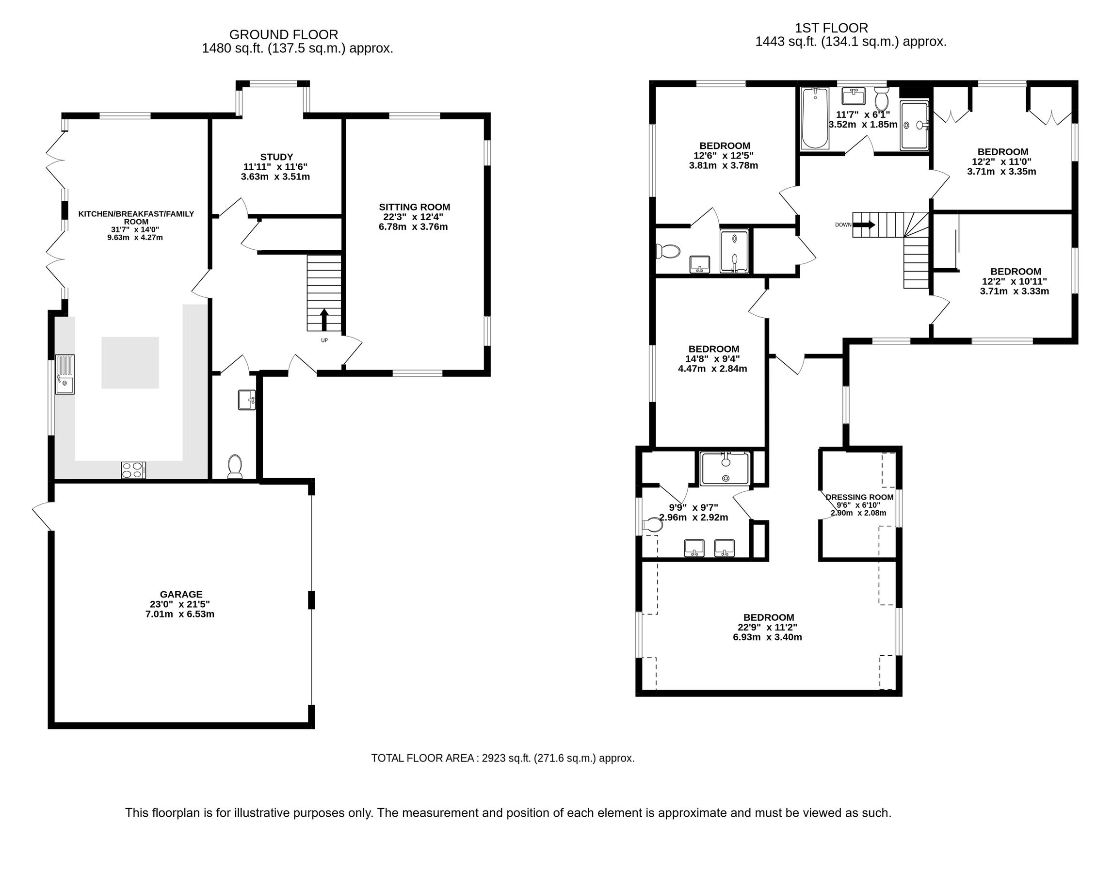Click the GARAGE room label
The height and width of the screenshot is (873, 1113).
[181, 594]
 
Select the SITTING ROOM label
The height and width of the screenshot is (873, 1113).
[414, 207]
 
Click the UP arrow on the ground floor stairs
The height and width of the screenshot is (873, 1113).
[324, 320]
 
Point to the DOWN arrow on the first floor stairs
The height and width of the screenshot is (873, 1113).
[864, 225]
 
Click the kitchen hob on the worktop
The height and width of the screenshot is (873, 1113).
[133, 470]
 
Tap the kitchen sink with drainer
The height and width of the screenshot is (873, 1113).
[65, 374]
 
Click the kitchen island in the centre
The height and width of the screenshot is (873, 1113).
[130, 362]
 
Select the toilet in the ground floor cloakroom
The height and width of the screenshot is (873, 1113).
[235, 466]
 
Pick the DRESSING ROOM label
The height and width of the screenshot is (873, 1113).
[859, 497]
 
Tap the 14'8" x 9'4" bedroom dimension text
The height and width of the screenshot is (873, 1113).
[712, 359]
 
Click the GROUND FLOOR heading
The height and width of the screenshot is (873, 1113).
[283, 35]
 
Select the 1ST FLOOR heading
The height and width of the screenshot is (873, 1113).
[831, 28]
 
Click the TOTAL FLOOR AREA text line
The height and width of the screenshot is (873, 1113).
[502, 758]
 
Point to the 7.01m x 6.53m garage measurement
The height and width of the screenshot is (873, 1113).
[179, 614]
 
